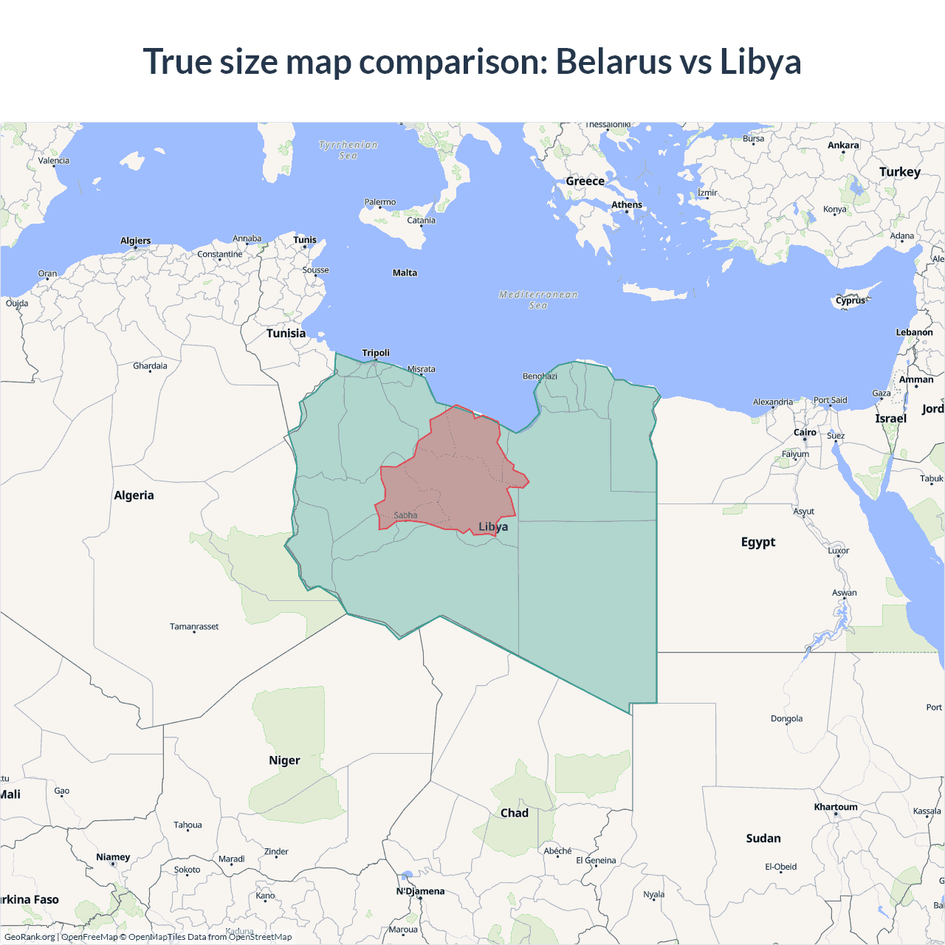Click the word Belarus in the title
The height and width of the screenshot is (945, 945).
613,61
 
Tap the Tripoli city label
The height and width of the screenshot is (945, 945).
376,353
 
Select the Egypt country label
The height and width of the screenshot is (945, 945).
758,542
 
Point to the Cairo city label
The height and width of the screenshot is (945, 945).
805,433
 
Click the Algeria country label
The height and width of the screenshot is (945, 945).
134,495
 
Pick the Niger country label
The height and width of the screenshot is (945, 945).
284,760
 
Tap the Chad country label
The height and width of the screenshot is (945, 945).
515,813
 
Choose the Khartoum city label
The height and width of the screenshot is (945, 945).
836,807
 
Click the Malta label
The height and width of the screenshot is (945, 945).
405,273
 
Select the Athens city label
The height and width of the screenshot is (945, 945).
627,205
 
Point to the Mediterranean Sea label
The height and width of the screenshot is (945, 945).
538,300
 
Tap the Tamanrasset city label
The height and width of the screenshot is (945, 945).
194,627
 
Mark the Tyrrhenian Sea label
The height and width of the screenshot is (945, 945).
348,150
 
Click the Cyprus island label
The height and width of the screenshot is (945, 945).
850,300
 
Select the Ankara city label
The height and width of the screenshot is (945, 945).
843,145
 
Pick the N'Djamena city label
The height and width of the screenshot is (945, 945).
420,891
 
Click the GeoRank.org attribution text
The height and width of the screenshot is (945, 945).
30,937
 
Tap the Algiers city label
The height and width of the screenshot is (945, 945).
136,241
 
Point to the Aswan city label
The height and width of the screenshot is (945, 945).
845,593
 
